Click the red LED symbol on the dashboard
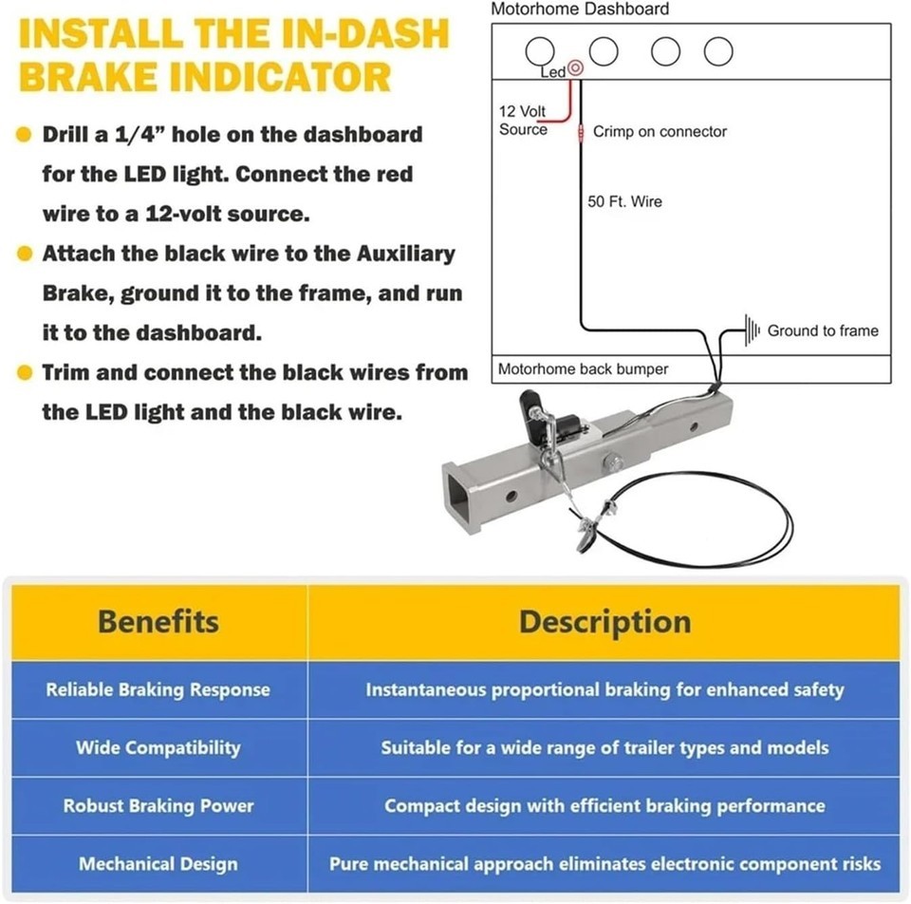point(575,68)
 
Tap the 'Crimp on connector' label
point(660,131)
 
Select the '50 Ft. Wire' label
point(624,201)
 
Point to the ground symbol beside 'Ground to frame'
point(752,330)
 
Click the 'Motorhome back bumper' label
point(583,369)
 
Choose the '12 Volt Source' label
point(522,121)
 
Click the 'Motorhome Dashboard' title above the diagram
point(580,9)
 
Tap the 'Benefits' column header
point(158,621)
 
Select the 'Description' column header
point(604,622)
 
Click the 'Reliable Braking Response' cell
point(158,689)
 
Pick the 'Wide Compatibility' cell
point(158,747)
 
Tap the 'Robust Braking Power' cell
point(158,806)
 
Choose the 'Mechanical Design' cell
point(158,864)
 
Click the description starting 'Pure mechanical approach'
point(604,864)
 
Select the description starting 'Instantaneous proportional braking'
point(604,689)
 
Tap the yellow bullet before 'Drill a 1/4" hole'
point(24,134)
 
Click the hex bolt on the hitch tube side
point(613,462)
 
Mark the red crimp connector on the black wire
point(581,133)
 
